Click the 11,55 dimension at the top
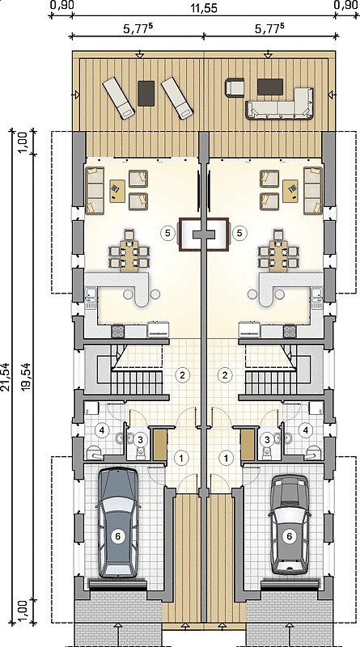pos(204,7)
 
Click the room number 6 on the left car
pos(117,536)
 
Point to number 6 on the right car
pos(290,536)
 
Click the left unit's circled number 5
pos(167,233)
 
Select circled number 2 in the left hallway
pos(183,374)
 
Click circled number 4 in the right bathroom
pos(306,429)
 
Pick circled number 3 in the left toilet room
pos(141,439)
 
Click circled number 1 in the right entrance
pos(226,457)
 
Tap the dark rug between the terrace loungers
pos(146,93)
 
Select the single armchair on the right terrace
pos(235,88)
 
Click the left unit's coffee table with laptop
pos(117,191)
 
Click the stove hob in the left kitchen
pos(117,331)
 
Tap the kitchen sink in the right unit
pos(317,298)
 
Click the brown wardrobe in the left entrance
pos(160,444)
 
